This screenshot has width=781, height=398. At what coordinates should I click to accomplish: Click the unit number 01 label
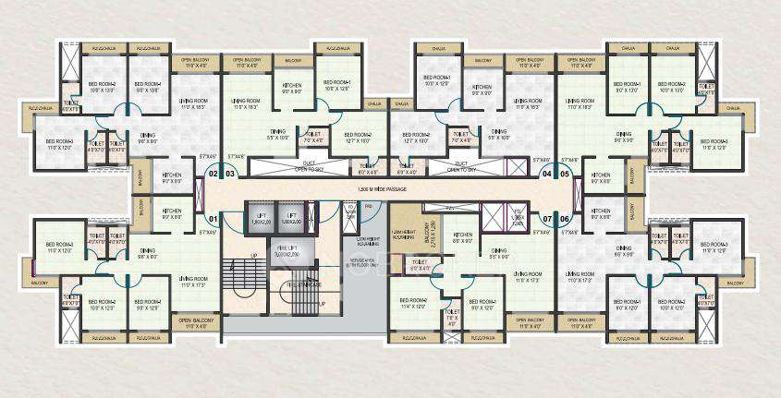pyautogui.click(x=213, y=219)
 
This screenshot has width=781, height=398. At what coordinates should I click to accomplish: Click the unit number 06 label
pyautogui.click(x=565, y=219)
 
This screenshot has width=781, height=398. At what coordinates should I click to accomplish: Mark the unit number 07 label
pyautogui.click(x=547, y=219)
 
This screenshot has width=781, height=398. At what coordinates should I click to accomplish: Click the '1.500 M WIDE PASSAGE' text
pyautogui.click(x=388, y=188)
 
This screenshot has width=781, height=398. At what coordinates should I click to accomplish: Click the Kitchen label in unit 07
pyautogui.click(x=463, y=235)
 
